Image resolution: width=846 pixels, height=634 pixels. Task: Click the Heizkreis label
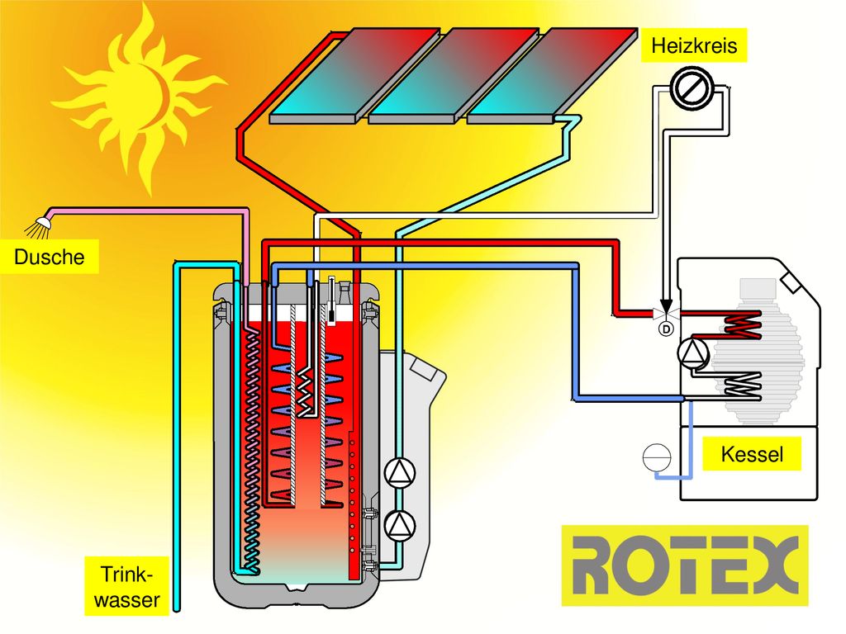click(694, 45)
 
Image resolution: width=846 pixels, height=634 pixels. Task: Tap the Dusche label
click(49, 257)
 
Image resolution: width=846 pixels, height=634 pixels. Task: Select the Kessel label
click(752, 454)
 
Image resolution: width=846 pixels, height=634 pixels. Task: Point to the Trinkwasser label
click(126, 587)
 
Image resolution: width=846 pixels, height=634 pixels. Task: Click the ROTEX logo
click(685, 565)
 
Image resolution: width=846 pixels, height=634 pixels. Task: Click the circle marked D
click(667, 329)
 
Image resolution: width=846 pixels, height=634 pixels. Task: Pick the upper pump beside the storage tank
click(400, 472)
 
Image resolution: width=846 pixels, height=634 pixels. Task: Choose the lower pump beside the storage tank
click(400, 524)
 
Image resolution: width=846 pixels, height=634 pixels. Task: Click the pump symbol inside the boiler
click(693, 353)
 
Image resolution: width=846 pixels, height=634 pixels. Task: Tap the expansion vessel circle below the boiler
click(657, 457)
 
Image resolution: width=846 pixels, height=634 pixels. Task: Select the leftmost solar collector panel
click(355, 75)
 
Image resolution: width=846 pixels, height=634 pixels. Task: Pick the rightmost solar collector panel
click(552, 75)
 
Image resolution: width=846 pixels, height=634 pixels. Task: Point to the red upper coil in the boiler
click(741, 324)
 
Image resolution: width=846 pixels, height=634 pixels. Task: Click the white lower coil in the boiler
click(741, 386)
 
